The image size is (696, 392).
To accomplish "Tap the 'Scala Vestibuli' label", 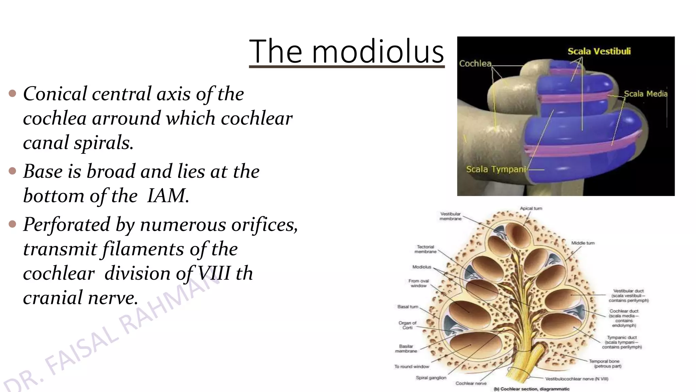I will pyautogui.click(x=599, y=51).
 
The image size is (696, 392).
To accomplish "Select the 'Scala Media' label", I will pyautogui.click(x=645, y=94).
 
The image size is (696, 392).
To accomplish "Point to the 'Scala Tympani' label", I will pyautogui.click(x=495, y=169).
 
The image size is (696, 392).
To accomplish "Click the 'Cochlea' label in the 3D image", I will pyautogui.click(x=475, y=64).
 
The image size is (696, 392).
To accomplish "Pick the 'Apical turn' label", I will pyautogui.click(x=531, y=208).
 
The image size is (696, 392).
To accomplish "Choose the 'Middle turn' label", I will pyautogui.click(x=582, y=243).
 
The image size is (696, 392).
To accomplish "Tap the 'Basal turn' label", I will pyautogui.click(x=407, y=307).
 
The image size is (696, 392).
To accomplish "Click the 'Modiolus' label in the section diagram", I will pyautogui.click(x=421, y=267).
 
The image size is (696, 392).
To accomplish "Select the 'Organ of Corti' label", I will pyautogui.click(x=407, y=325).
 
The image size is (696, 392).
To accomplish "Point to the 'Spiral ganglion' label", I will pyautogui.click(x=431, y=378).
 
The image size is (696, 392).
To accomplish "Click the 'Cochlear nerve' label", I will pyautogui.click(x=471, y=383).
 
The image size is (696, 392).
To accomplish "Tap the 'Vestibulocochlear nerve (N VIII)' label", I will pyautogui.click(x=577, y=379).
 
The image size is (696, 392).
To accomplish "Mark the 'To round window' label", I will pyautogui.click(x=412, y=366).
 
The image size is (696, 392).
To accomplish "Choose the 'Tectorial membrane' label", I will pyautogui.click(x=425, y=249).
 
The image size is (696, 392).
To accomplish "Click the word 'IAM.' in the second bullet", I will pyautogui.click(x=168, y=196).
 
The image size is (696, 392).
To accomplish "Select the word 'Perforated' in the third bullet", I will pyautogui.click(x=67, y=225).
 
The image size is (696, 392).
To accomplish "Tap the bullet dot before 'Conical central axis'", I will pyautogui.click(x=13, y=93).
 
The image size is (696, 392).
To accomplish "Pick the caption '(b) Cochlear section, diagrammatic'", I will pyautogui.click(x=532, y=389).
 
